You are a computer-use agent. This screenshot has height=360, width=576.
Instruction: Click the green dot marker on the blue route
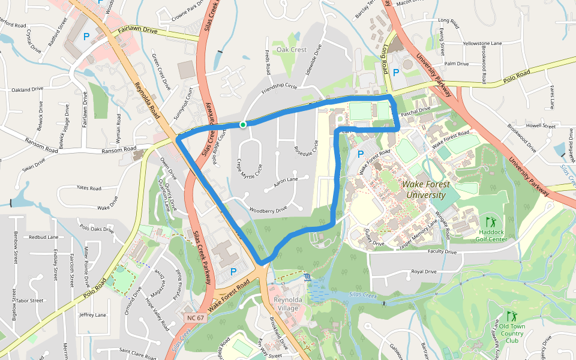click(242, 125)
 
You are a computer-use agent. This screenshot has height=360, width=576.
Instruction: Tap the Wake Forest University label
click(425, 190)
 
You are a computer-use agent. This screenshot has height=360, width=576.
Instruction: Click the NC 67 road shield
click(193, 316)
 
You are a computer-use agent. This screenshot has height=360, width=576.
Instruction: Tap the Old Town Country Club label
click(512, 333)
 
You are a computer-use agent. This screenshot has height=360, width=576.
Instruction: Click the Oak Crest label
click(291, 50)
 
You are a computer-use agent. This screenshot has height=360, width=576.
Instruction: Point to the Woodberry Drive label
click(268, 209)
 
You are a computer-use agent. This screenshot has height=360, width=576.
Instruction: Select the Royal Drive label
click(424, 271)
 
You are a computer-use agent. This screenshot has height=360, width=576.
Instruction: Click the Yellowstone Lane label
click(482, 43)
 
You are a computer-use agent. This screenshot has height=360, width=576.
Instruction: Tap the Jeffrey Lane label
click(92, 314)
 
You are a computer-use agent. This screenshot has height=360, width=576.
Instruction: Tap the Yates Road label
click(89, 188)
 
